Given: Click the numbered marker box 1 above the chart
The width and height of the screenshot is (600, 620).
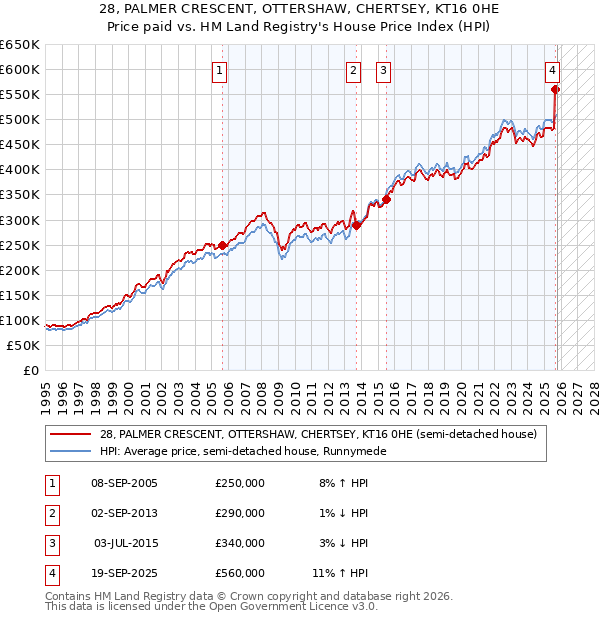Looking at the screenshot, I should [x=219, y=70].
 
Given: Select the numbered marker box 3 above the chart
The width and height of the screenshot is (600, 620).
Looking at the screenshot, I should [x=383, y=70].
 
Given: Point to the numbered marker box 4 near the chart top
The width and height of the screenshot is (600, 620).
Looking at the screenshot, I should [x=552, y=70].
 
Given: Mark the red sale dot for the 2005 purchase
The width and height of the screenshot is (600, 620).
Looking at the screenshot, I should [x=223, y=245].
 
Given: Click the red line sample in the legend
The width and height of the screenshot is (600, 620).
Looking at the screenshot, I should [x=72, y=434].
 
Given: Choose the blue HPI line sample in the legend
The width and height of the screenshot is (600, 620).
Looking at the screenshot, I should [x=72, y=451].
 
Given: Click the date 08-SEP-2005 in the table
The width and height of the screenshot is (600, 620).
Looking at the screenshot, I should [x=124, y=483].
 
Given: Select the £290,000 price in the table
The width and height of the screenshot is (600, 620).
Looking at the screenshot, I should [x=240, y=513].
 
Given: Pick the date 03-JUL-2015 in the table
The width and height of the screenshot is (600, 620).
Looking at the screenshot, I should [x=124, y=543].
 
